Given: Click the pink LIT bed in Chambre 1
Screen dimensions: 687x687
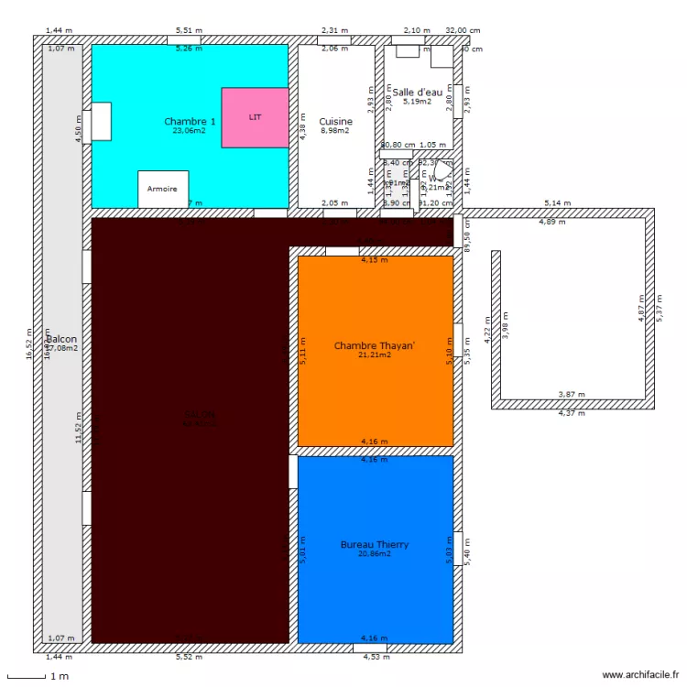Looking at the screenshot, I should [x=255, y=117].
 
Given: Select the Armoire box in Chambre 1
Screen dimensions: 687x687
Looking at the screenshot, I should [x=163, y=189].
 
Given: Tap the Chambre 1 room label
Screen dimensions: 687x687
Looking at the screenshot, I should [x=190, y=121].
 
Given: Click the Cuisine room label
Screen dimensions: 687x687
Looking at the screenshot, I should [x=335, y=121].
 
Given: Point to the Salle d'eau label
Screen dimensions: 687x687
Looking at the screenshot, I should [x=418, y=92].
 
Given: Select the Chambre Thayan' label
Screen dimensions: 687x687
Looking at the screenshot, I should [x=375, y=345].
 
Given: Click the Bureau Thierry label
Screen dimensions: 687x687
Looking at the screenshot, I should [x=375, y=544].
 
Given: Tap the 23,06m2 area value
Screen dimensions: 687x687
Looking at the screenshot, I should [x=190, y=131].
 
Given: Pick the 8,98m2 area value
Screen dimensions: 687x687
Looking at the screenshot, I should [x=335, y=131].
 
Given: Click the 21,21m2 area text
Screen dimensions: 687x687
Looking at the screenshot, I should [x=375, y=354].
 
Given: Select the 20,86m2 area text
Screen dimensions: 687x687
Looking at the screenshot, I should [x=375, y=553].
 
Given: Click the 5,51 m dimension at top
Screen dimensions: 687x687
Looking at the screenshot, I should [x=190, y=30].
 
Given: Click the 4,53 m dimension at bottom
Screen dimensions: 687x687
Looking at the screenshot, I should [x=376, y=657].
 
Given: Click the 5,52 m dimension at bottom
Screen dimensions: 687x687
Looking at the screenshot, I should [x=190, y=657].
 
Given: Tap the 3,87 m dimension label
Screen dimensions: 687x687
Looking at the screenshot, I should [x=572, y=395].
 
